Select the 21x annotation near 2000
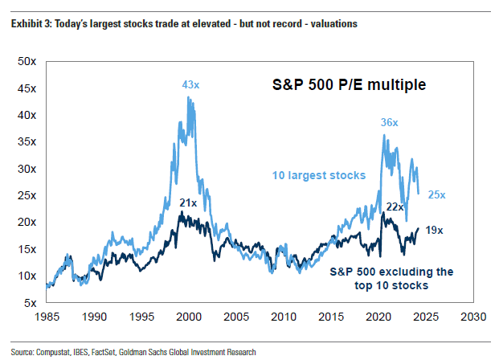coord(188,203)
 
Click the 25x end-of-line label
coord(438,194)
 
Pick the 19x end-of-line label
coord(434,230)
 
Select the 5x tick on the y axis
coord(30,303)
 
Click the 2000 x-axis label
coord(189,317)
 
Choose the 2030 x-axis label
coord(472,317)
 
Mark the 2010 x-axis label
coord(284,317)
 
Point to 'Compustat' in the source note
coord(52,351)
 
